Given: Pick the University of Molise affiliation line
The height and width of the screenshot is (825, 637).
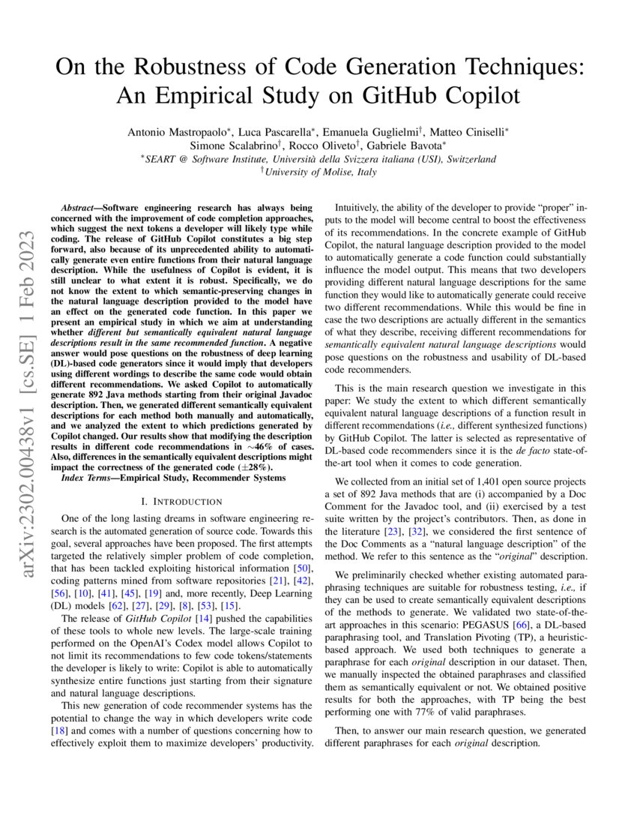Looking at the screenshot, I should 318,172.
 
